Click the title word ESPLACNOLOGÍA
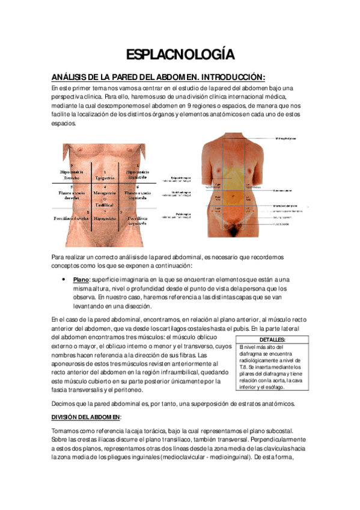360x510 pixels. (x=180, y=56)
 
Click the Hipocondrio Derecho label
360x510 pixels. (x=72, y=175)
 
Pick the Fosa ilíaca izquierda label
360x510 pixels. (x=137, y=218)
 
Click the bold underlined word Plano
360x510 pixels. (x=81, y=280)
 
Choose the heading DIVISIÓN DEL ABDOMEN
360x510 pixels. (x=87, y=417)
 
